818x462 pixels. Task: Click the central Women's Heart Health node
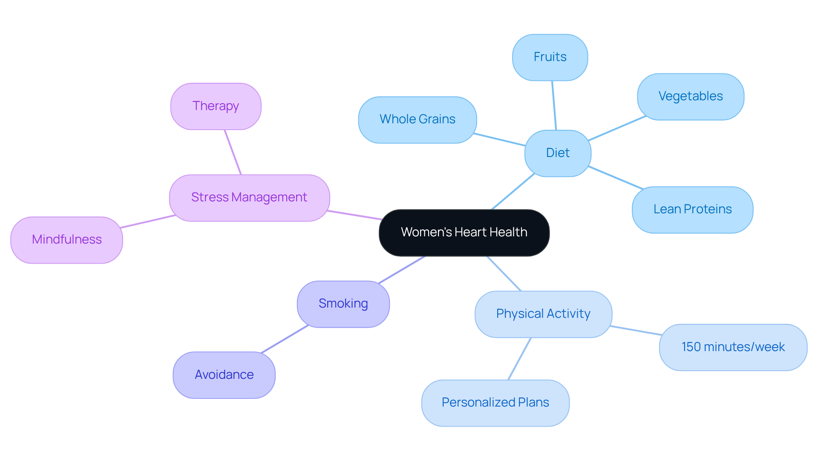(464, 232)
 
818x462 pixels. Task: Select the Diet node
(558, 153)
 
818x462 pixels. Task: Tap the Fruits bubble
(550, 57)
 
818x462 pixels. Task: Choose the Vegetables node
(690, 96)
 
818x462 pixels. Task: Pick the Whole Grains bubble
(417, 119)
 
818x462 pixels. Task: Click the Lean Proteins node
(692, 209)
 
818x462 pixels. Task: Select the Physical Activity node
(543, 314)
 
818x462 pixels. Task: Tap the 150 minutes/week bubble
(733, 347)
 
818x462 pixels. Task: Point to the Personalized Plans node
(495, 403)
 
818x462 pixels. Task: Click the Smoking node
(343, 304)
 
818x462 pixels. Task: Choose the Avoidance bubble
(224, 375)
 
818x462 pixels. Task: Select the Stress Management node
(249, 198)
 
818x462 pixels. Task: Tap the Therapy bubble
(216, 106)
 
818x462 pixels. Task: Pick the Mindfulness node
(66, 240)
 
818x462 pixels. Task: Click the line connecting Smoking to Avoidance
(285, 339)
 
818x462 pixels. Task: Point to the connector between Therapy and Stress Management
(233, 152)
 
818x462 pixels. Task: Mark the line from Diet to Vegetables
(617, 128)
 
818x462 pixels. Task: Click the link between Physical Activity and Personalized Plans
(519, 359)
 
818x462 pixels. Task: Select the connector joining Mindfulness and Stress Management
(148, 221)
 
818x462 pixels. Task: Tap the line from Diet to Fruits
(554, 105)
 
